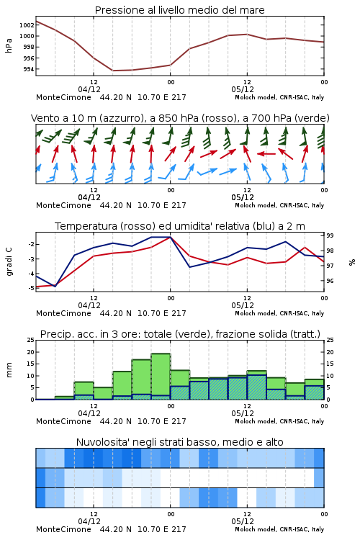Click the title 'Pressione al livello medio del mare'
point(179,10)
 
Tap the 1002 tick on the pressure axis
point(27,24)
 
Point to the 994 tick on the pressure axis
point(28,69)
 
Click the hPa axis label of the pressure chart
point(9,45)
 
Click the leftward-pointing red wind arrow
point(266,153)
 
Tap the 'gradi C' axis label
point(9,262)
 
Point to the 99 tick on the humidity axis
point(330,235)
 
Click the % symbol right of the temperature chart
point(352,262)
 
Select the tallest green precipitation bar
point(161,377)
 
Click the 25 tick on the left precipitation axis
point(30,340)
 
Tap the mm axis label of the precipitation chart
point(9,370)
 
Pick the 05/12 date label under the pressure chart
point(243,89)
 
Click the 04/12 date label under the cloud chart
point(89,521)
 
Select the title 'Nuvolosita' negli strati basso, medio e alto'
point(179,442)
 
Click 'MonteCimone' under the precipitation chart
point(64,421)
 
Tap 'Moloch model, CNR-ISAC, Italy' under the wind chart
point(279,205)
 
